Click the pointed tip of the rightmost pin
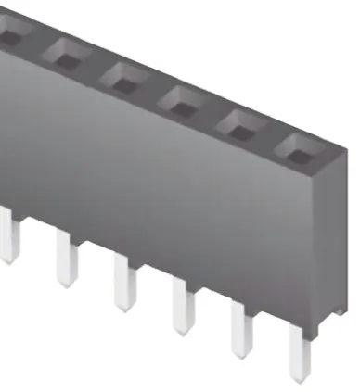coord(298,379)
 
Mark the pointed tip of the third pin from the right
coord(182,332)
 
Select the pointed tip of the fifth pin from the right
coord(65,284)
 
